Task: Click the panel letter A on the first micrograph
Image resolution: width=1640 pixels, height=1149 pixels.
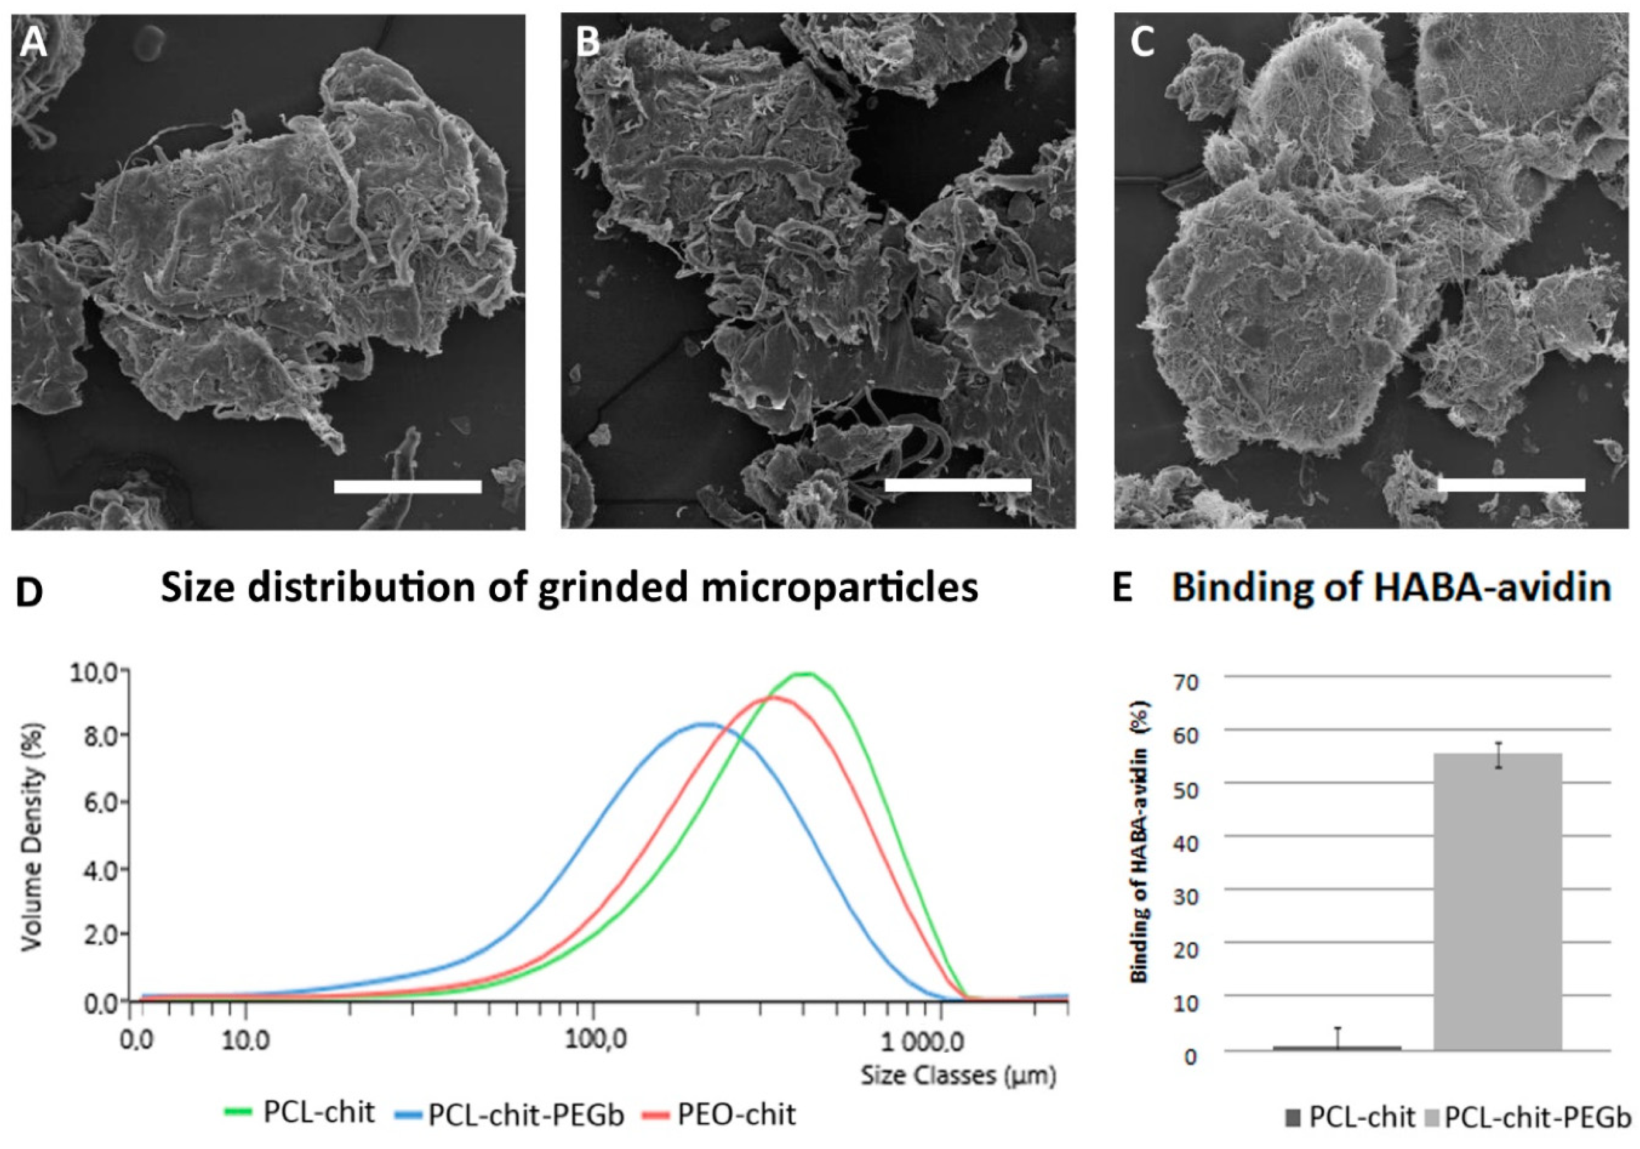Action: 33,44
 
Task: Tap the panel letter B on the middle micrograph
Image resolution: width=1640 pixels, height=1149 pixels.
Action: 587,43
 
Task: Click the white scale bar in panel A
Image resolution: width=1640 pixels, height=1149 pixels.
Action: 407,487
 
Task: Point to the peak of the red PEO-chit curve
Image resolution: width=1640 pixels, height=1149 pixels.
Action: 771,698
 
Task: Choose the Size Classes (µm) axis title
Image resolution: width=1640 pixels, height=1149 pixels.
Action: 957,1075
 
